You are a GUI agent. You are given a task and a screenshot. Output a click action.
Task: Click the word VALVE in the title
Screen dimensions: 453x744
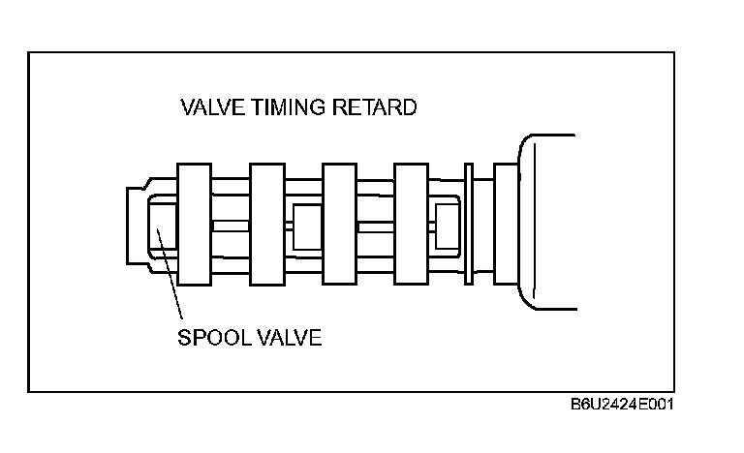coord(212,107)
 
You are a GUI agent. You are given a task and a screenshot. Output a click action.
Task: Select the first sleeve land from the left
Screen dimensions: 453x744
coord(193,225)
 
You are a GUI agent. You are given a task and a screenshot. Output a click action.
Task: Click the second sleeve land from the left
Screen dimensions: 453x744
coord(265,225)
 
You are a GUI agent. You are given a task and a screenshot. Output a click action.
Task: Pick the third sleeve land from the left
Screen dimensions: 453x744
coord(338,225)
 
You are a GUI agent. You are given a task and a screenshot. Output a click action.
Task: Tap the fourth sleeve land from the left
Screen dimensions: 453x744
coord(411,225)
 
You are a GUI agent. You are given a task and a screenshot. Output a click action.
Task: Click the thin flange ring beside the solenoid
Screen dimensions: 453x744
coord(468,225)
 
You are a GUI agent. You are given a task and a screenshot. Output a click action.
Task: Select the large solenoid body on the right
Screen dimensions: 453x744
coord(547,222)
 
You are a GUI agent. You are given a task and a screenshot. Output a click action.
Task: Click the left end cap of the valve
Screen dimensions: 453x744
coord(135,225)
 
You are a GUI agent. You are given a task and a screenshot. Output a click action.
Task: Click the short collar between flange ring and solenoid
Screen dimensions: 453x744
coord(505,225)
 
